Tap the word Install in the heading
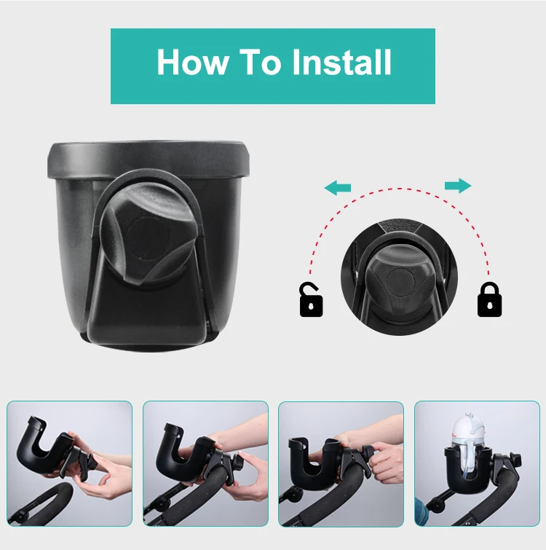point(341,63)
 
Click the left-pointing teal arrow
point(338,189)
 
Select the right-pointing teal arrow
point(457,186)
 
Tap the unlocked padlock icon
point(311,299)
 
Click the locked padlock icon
point(489,299)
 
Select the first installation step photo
point(70,463)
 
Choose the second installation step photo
point(205,463)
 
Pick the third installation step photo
point(341,463)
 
